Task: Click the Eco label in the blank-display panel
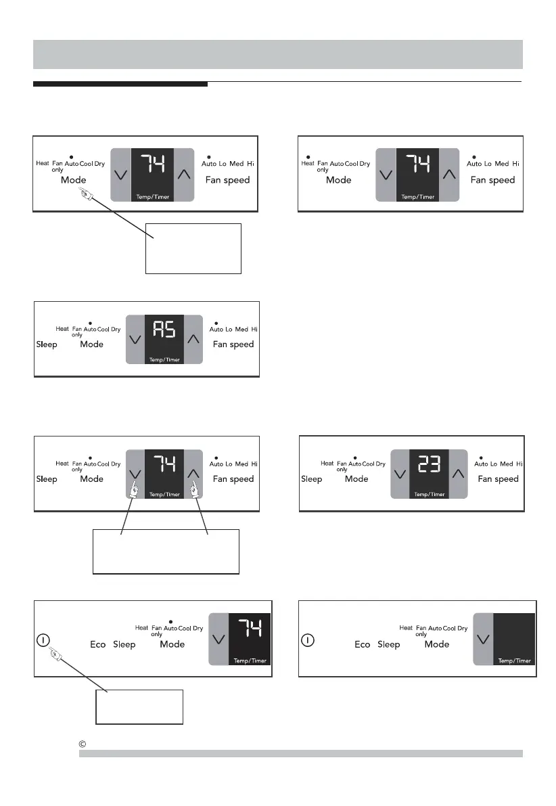coord(363,644)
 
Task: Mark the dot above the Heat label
coord(307,156)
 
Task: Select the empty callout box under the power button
coord(139,707)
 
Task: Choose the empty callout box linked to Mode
coord(193,248)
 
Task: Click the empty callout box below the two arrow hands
coord(166,552)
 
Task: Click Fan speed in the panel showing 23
coord(498,478)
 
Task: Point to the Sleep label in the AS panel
coord(47,344)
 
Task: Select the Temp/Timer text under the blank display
coord(514,661)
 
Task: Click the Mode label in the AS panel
coord(92,344)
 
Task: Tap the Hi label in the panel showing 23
coord(519,464)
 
